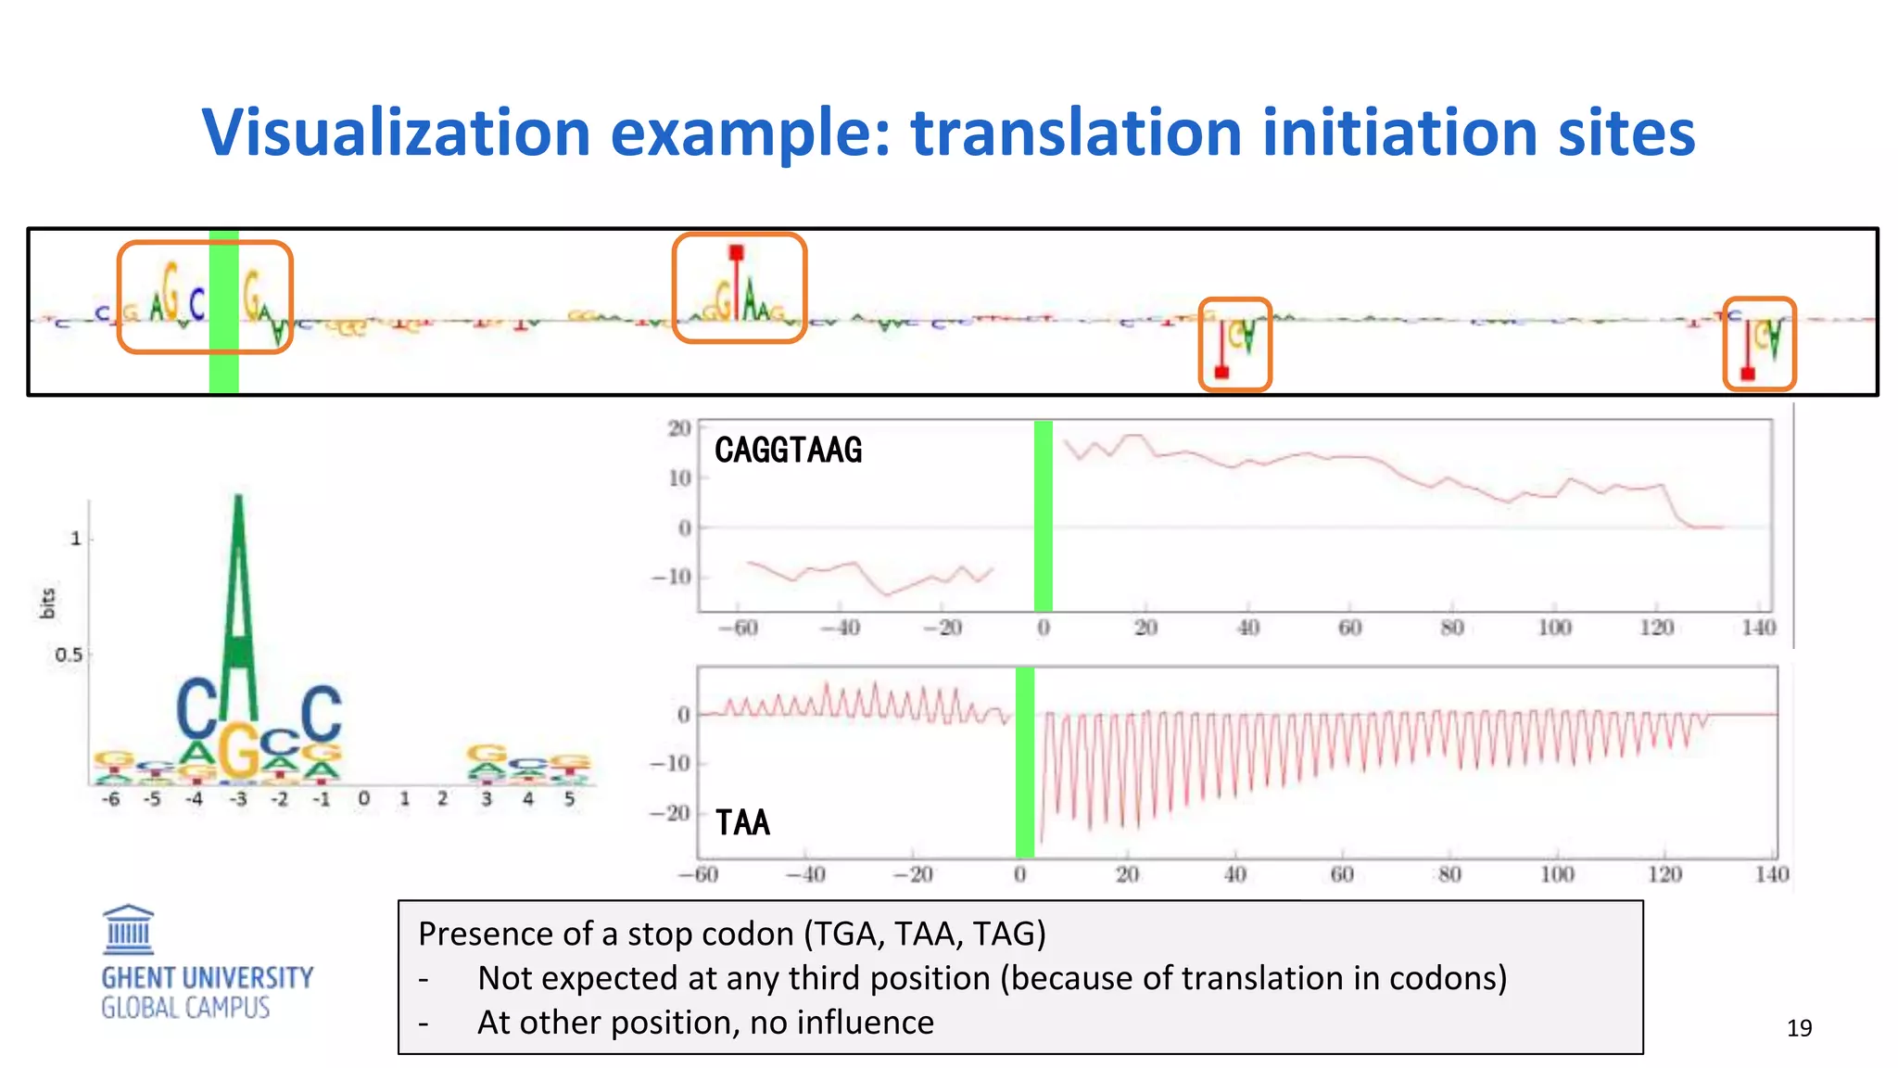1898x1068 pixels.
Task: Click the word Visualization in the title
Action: [396, 133]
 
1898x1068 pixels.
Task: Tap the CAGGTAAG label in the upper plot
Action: [788, 451]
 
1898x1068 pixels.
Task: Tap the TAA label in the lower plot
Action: [742, 823]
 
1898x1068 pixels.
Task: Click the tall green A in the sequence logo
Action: [239, 603]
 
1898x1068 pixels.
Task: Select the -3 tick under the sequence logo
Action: [238, 799]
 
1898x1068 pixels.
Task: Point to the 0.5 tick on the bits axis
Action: [69, 655]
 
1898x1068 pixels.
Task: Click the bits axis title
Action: [48, 603]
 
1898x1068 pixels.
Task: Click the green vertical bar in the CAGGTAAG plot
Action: [1043, 515]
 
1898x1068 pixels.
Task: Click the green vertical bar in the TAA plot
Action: [1024, 762]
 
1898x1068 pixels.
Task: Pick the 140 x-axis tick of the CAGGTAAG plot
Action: [1758, 628]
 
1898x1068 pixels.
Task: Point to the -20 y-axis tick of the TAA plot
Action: [669, 813]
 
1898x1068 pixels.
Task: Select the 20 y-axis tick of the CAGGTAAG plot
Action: [679, 428]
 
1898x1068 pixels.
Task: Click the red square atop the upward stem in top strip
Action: [736, 252]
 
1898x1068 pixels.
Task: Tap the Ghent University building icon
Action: [128, 929]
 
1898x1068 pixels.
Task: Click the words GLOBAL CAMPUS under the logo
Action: [185, 1009]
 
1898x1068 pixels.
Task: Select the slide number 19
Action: [1799, 1028]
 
